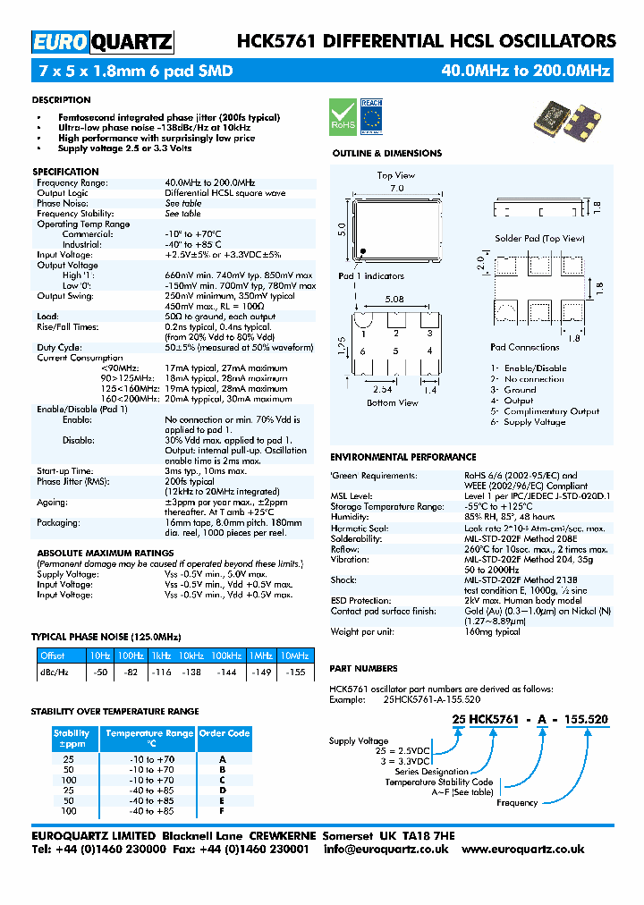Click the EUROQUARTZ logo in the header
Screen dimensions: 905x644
click(x=102, y=42)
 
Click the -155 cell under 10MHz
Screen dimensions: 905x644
click(x=294, y=672)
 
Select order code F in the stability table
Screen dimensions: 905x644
click(x=223, y=810)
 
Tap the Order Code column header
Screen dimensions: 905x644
click(x=224, y=733)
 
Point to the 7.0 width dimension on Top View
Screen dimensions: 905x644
click(x=396, y=189)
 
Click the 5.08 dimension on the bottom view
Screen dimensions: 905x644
click(x=393, y=300)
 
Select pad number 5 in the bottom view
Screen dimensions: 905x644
click(x=395, y=351)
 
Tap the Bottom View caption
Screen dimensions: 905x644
click(x=393, y=403)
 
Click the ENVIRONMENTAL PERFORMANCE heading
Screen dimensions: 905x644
click(x=402, y=457)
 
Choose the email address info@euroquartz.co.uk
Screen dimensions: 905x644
click(x=386, y=850)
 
